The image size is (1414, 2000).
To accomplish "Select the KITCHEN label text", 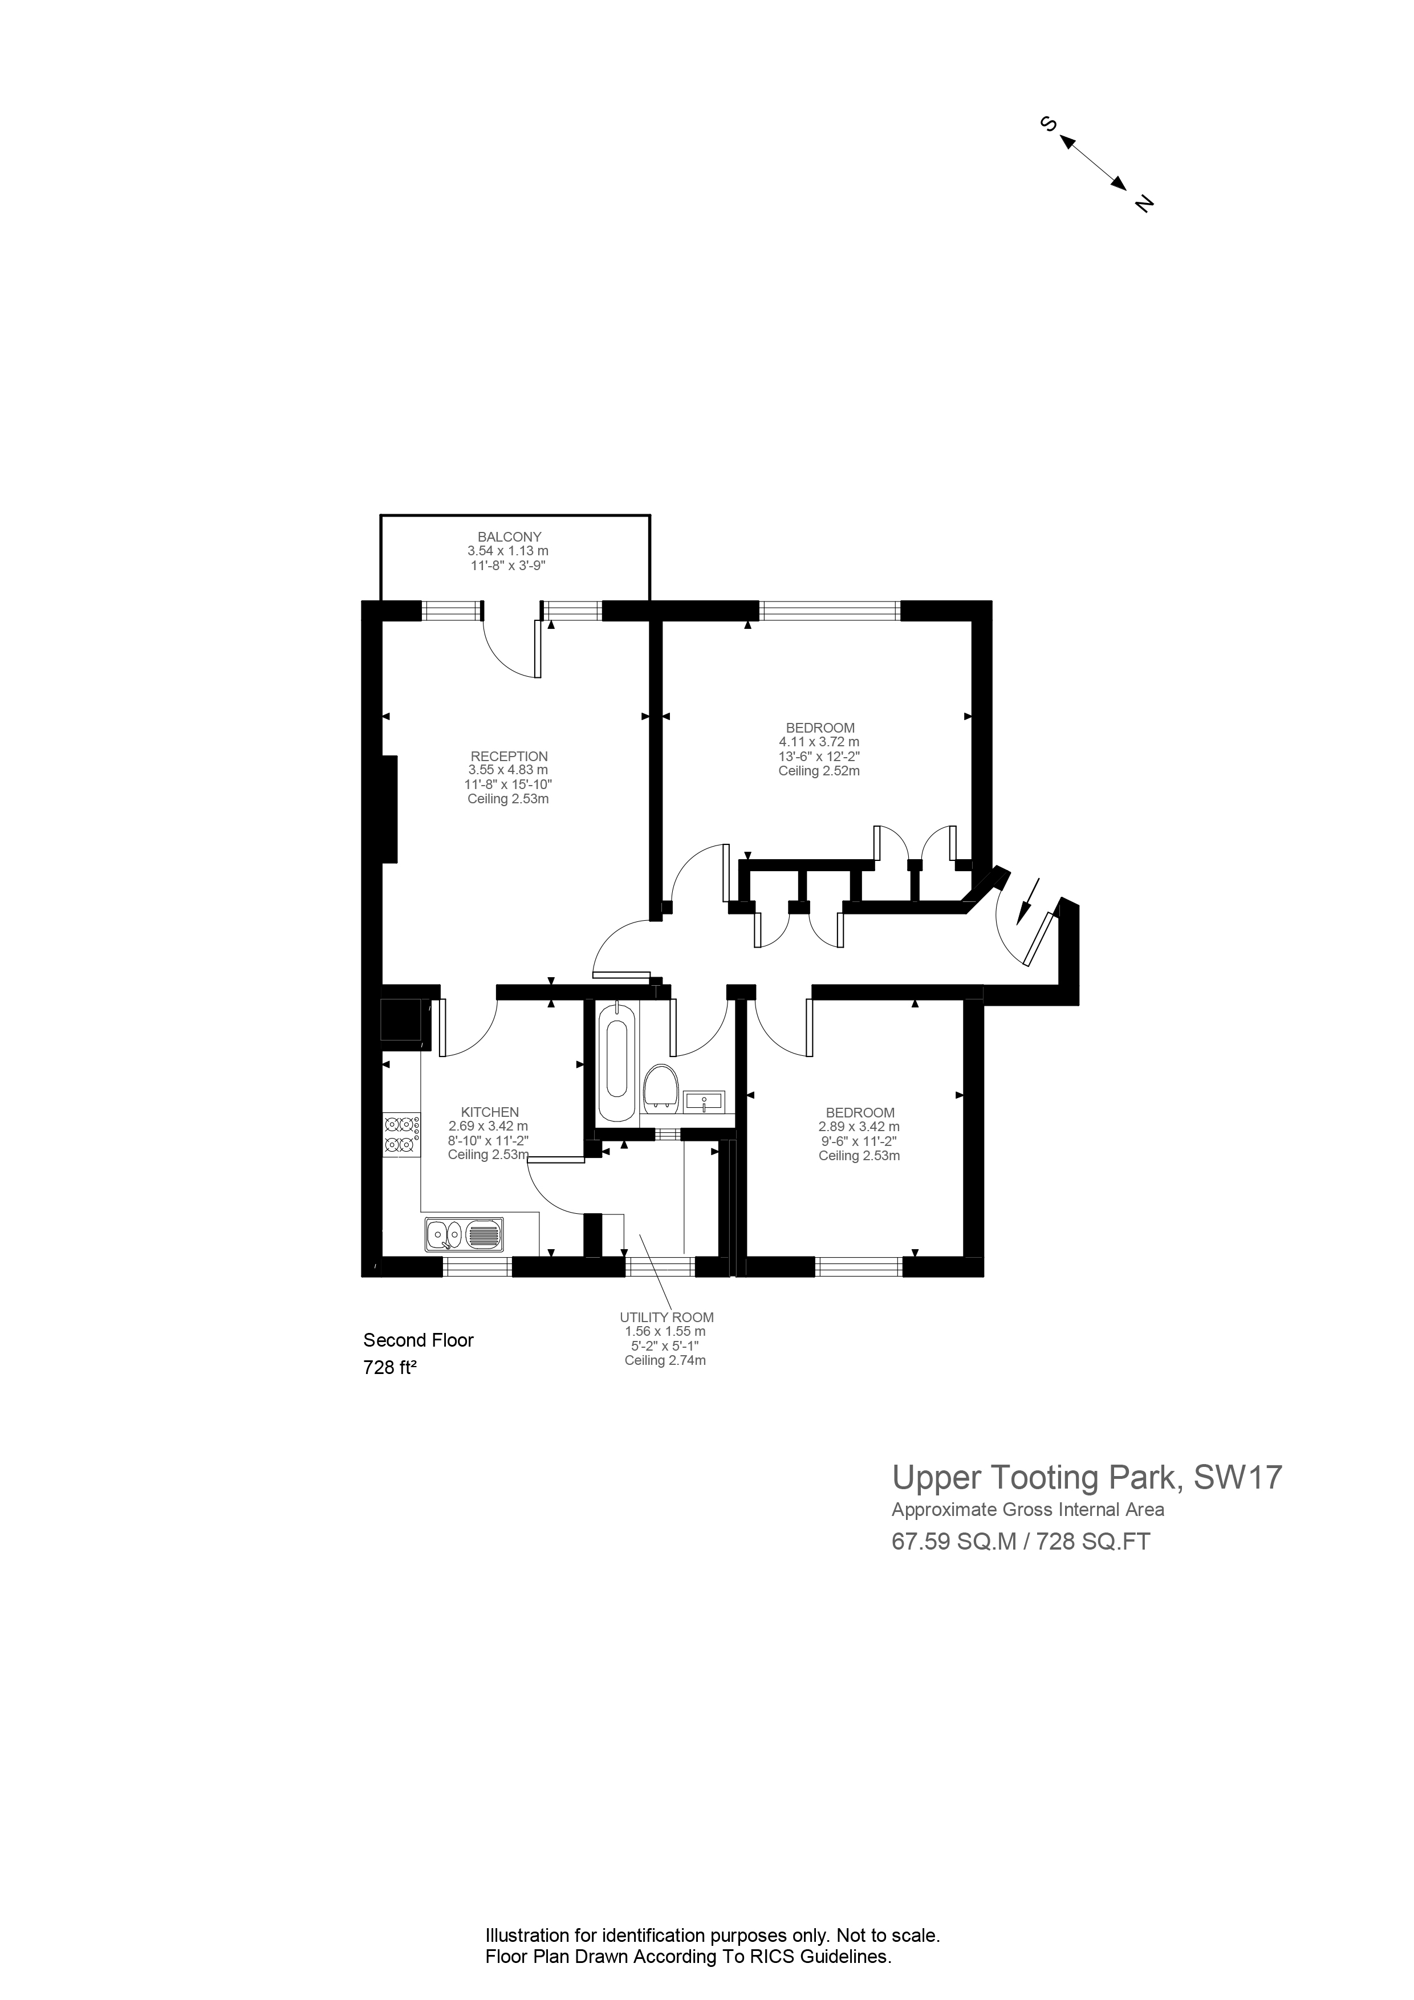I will click(490, 1112).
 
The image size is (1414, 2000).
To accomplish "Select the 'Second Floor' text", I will click(418, 1340).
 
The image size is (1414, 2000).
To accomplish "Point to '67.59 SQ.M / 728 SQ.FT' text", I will click(1020, 1541).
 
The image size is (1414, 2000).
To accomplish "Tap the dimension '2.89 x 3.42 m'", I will click(859, 1127).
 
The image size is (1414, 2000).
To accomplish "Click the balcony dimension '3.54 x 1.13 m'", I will click(508, 551).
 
